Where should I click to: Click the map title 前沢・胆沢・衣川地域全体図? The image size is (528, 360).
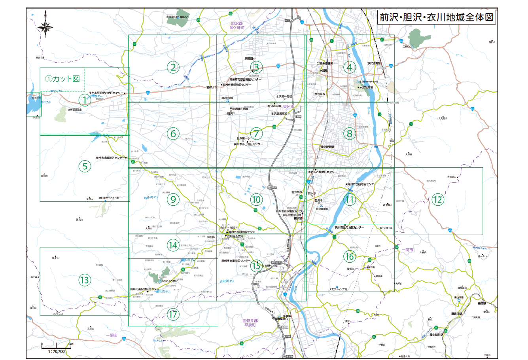point(436,18)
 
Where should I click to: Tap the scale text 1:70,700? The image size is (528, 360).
point(56,351)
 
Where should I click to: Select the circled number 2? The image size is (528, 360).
point(173,67)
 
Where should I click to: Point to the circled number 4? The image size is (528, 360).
point(349,67)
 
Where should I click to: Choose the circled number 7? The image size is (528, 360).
point(256,133)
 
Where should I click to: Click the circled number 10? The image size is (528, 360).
point(256,200)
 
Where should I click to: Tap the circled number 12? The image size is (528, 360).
point(437,199)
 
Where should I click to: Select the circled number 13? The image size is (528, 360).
point(85,280)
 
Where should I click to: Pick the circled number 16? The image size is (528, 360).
point(349,256)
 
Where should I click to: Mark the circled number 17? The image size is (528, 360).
point(173,315)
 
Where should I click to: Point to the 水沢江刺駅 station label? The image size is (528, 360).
point(374,63)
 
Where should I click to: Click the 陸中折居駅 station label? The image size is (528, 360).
point(327,146)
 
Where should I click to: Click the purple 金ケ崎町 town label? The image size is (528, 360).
point(238,28)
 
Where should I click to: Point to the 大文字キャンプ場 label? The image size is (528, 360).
point(338,289)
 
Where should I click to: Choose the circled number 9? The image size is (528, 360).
point(173,199)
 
